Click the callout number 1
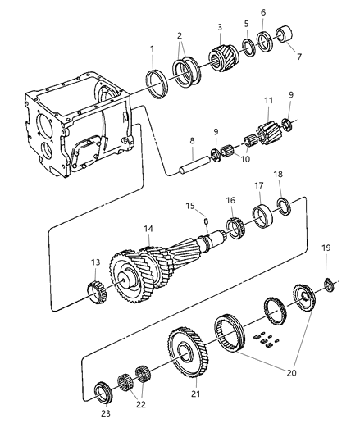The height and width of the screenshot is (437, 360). coord(152,49)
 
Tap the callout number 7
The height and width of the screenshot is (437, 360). coord(299,57)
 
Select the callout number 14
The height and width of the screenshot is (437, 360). coord(148,229)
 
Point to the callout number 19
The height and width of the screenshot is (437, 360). coord(326,248)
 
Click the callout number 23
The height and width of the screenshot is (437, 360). coord(106,413)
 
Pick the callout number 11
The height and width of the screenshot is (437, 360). coord(268,100)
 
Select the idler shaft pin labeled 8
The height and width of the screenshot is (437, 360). coord(195,166)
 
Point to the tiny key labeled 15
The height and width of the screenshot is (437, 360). coord(206,221)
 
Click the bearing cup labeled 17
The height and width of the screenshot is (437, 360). coord(264,216)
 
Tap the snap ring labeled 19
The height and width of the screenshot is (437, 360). coord(330,285)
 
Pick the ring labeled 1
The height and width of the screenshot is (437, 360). coord(157,84)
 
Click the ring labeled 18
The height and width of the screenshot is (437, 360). coord(285,207)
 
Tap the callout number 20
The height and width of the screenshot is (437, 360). coord(291,372)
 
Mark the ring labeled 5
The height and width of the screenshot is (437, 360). coord(248,48)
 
